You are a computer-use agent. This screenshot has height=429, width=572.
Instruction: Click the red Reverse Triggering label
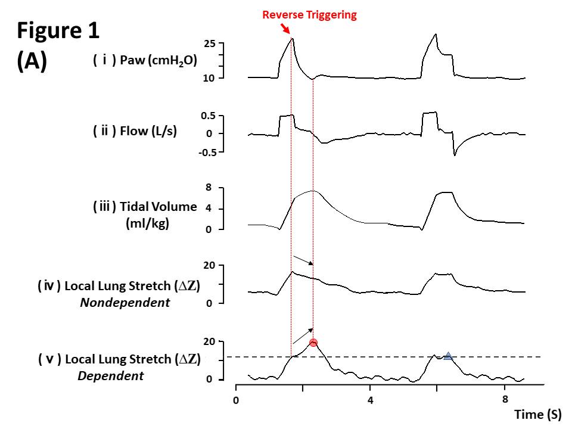click(309, 15)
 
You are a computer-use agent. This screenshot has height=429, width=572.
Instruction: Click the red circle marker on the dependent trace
click(313, 343)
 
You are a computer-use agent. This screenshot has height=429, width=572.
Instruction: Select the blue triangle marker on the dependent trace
click(448, 356)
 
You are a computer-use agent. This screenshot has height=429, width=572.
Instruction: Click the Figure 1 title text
click(59, 31)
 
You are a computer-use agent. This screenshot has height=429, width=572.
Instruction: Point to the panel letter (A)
click(32, 62)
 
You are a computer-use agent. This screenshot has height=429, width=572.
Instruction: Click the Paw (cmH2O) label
click(145, 61)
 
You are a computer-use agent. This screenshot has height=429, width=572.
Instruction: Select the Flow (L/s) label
click(135, 131)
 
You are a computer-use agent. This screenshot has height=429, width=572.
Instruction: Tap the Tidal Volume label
click(145, 207)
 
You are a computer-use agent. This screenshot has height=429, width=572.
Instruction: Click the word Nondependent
click(125, 303)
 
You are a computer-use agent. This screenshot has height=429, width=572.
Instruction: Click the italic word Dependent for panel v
click(110, 376)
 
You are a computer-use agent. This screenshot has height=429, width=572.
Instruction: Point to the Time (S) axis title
click(537, 414)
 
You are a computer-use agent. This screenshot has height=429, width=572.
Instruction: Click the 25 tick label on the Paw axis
click(209, 44)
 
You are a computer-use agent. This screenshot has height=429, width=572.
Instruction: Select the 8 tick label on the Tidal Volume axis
click(209, 188)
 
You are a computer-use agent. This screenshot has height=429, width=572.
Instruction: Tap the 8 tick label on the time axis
click(505, 399)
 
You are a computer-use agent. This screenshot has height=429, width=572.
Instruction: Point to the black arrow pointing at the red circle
click(302, 334)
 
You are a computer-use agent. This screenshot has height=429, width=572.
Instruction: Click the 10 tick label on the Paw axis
click(209, 78)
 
